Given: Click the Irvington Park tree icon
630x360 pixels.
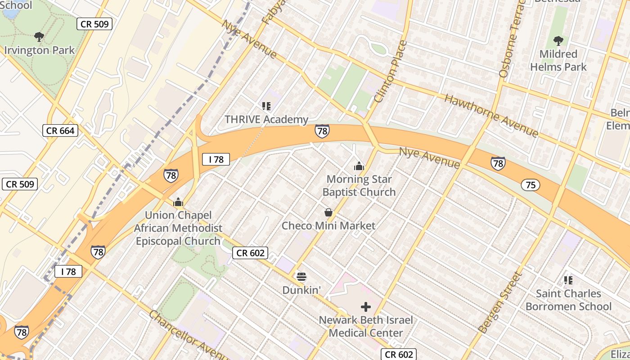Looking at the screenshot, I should click(39, 36).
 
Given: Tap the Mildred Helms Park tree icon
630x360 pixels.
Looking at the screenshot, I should click(558, 41).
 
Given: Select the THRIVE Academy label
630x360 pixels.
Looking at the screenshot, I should click(266, 120).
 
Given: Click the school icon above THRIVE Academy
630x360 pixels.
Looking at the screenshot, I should click(266, 106).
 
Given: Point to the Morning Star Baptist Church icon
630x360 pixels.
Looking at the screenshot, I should click(359, 166).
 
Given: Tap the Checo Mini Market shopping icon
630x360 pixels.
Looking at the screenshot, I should click(328, 212).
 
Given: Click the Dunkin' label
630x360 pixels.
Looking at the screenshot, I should click(301, 290).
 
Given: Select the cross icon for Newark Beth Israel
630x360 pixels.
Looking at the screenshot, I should click(366, 307).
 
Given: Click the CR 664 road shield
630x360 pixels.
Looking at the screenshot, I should click(60, 131).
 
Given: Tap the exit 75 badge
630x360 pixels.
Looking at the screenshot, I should click(531, 185).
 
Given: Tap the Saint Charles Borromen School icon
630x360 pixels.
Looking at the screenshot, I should click(568, 280).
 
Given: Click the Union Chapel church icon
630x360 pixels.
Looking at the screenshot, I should click(178, 202).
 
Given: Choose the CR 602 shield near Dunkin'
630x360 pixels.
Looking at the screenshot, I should click(251, 253).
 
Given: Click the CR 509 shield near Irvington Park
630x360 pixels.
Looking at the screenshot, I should click(94, 24).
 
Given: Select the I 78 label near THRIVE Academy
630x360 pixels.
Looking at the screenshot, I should click(216, 159).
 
